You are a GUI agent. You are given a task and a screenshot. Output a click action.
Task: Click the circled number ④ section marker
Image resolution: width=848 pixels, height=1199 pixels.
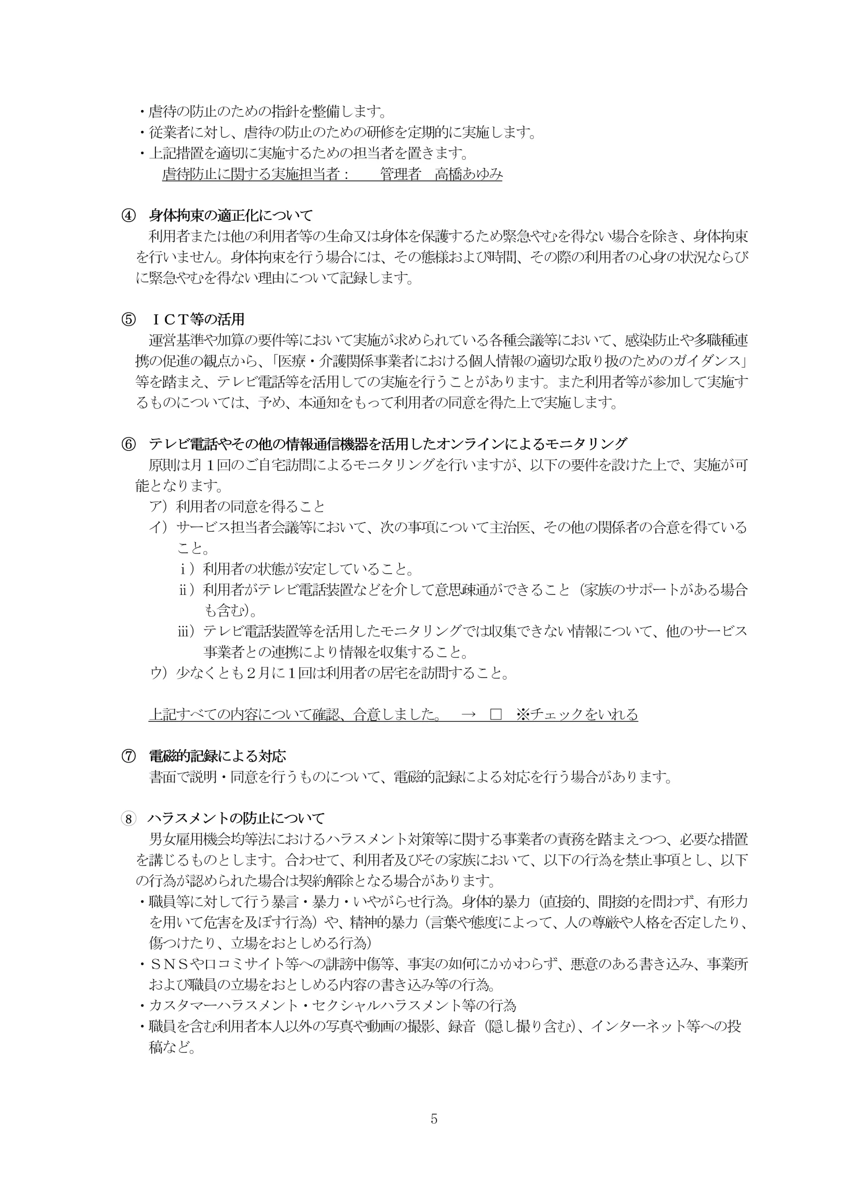128,215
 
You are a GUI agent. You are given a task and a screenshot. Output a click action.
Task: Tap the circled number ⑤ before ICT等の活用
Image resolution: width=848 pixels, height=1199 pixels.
128,319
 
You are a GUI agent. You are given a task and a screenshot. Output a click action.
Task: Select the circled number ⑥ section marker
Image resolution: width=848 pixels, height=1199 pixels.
128,444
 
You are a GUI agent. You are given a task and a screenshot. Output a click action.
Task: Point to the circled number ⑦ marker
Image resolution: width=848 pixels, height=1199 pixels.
128,756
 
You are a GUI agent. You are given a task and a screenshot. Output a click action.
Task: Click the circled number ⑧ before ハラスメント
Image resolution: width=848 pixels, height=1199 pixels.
128,818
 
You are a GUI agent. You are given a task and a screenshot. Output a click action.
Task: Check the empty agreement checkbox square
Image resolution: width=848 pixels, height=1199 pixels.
495,714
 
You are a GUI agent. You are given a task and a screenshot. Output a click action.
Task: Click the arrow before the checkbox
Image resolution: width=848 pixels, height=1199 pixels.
468,714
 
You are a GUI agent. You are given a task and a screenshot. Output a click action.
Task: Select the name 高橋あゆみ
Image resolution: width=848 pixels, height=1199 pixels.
469,174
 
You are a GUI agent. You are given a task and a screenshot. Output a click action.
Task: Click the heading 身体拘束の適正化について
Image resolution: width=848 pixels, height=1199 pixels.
231,215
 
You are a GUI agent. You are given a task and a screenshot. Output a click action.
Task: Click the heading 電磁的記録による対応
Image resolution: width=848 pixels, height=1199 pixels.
217,756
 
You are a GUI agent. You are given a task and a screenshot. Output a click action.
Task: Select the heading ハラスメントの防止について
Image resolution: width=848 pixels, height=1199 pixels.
236,818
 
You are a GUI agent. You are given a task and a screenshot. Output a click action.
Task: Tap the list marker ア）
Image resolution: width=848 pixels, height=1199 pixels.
158,507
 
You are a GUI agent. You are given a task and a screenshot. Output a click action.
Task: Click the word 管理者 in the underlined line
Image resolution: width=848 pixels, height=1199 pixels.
400,174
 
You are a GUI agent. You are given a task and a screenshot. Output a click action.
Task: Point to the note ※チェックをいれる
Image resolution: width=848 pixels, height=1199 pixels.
577,714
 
